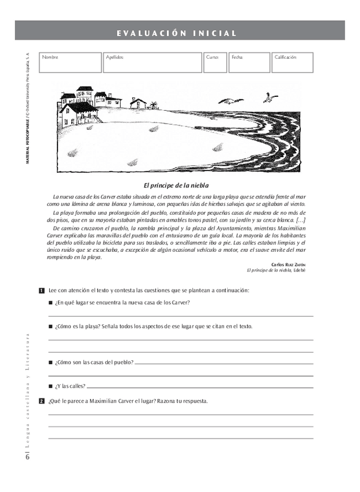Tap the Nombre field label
pos(50,57)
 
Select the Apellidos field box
pos(152,63)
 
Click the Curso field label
pos(212,57)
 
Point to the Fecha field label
pos(237,57)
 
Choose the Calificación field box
pos(292,63)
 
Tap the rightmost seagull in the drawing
pos(270,97)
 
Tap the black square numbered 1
pos(41,290)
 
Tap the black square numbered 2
pos(41,401)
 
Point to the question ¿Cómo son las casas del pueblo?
pos(94,362)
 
